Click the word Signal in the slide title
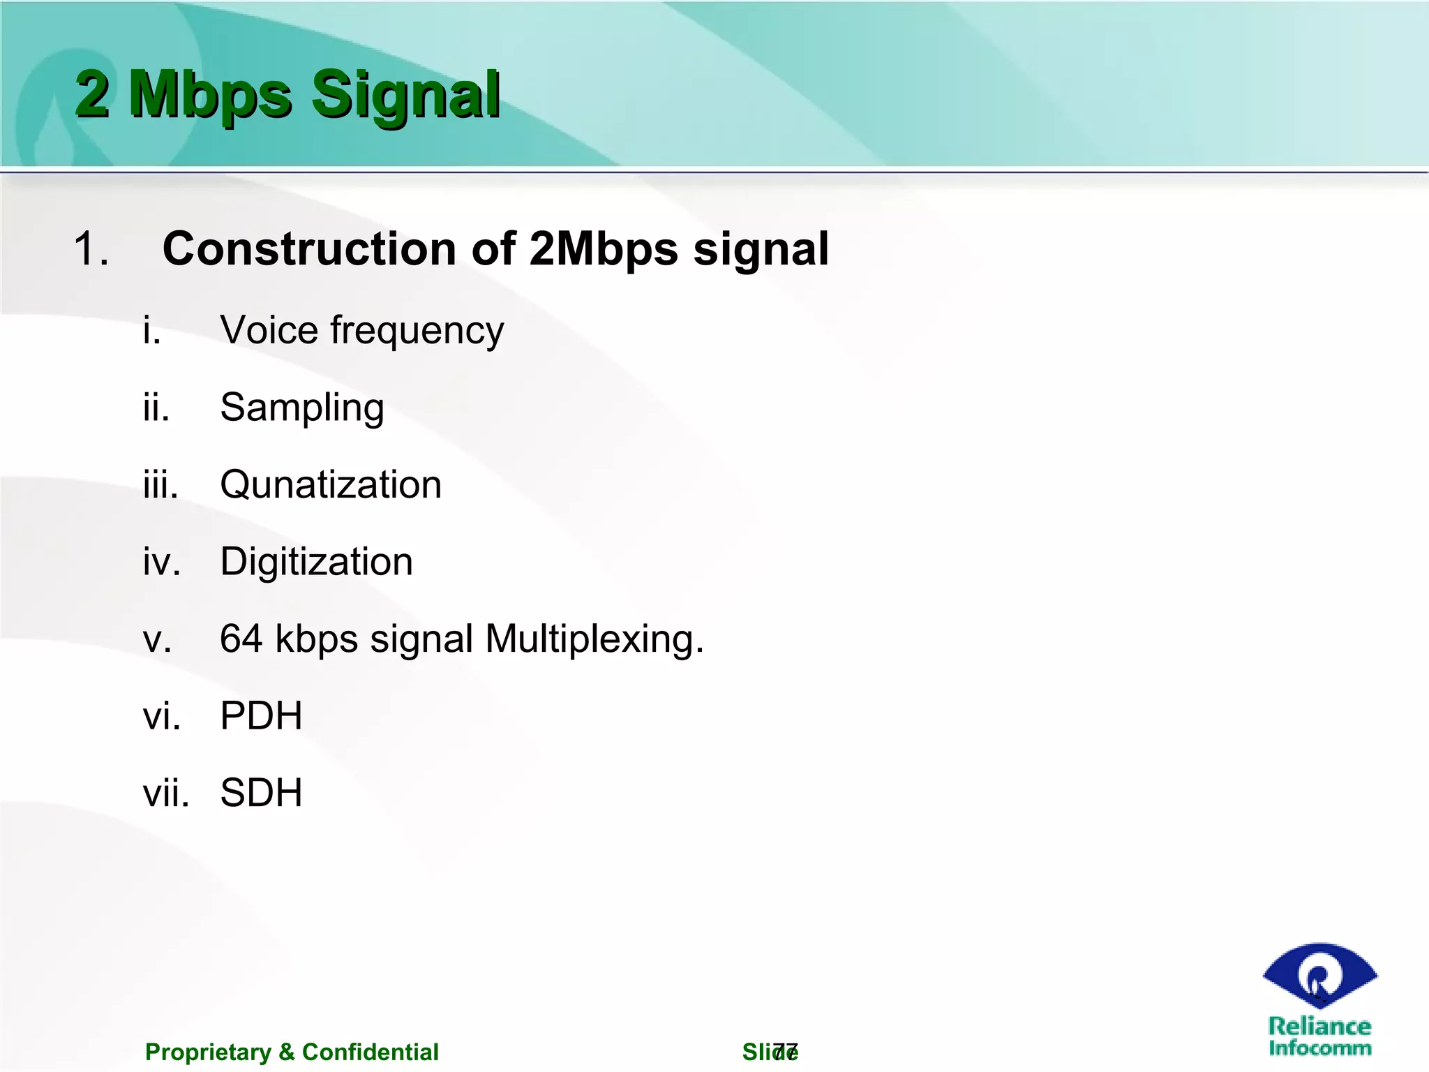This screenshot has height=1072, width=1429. point(406,96)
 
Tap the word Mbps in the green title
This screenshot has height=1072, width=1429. point(210,96)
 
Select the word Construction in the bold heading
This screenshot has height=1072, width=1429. point(311,249)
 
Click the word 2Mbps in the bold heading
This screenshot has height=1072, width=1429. point(604,249)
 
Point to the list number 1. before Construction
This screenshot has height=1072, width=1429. point(91,249)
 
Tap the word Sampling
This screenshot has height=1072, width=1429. point(302,408)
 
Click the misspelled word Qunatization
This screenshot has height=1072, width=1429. point(331,485)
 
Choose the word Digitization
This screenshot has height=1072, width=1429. point(316,563)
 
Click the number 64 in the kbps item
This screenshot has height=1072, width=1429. point(241,639)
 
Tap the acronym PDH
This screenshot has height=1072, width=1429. point(261,716)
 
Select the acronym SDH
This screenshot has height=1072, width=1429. point(261,793)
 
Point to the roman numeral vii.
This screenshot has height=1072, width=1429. point(166,794)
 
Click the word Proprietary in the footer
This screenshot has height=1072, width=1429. point(208,1052)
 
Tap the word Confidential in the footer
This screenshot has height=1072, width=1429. point(370,1052)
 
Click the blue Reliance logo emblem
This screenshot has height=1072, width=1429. point(1319,976)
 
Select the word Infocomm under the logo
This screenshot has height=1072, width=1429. point(1319,1048)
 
